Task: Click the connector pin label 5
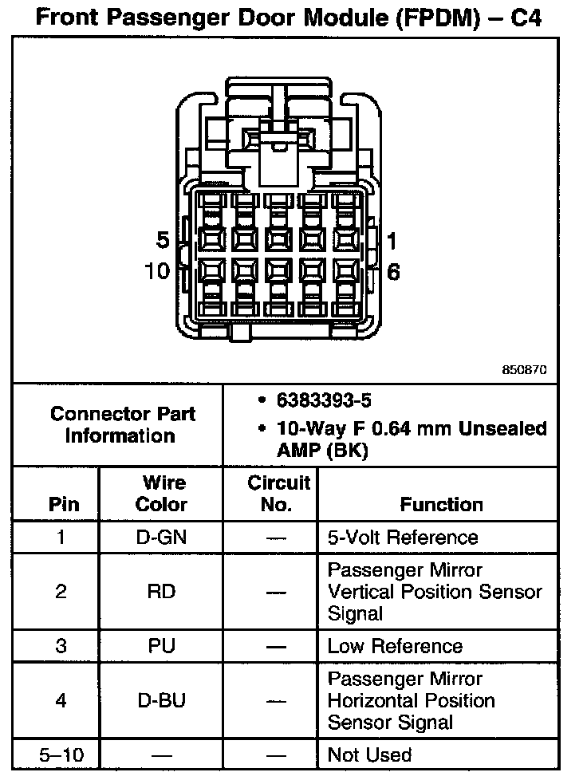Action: [163, 241]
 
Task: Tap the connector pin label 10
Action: [158, 271]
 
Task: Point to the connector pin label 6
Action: [392, 272]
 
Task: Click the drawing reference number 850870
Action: [525, 370]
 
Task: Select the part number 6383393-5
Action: [324, 400]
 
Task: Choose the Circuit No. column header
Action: [278, 493]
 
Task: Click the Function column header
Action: [441, 504]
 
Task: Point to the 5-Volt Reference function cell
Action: [402, 538]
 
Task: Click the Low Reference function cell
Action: [395, 646]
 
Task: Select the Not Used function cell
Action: [369, 754]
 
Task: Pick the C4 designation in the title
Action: [524, 18]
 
